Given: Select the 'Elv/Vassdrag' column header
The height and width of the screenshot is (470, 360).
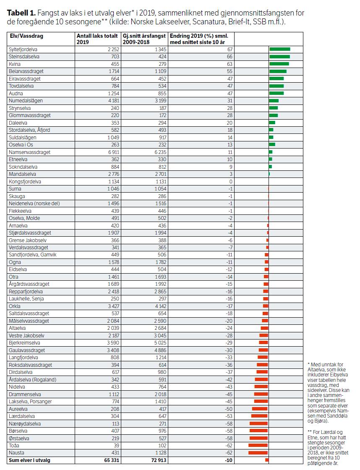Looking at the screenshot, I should coord(26,36).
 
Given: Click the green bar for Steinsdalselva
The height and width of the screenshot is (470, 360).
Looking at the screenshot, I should coord(279,57).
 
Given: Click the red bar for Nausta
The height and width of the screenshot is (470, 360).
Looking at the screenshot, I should coord(258,453).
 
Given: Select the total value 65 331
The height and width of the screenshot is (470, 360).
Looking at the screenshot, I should coord(109,460).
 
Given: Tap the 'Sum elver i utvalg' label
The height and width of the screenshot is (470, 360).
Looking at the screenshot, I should coord(30,460).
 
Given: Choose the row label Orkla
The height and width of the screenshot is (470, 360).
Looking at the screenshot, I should coord(15,306).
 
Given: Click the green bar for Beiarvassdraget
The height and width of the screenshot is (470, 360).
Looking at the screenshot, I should coord(278,71).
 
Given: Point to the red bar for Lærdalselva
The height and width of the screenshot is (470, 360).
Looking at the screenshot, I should coord(259,416).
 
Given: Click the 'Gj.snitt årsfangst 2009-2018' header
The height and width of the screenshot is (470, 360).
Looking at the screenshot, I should coord(144,39).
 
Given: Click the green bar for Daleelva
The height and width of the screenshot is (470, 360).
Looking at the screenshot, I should coord(272,123).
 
